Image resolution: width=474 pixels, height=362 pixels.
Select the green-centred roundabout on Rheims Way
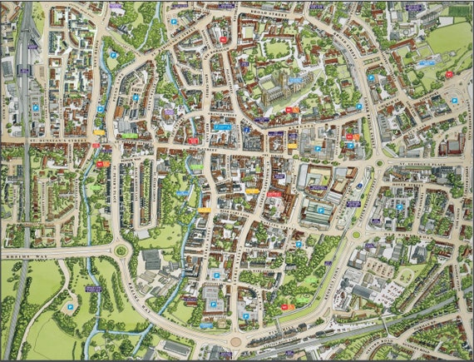(x=121, y=250)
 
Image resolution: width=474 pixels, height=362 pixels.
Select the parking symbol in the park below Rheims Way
(x=69, y=306)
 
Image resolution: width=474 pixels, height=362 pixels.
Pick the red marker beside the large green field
(x=449, y=74)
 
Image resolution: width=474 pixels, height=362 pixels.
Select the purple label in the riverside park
(x=93, y=289)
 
